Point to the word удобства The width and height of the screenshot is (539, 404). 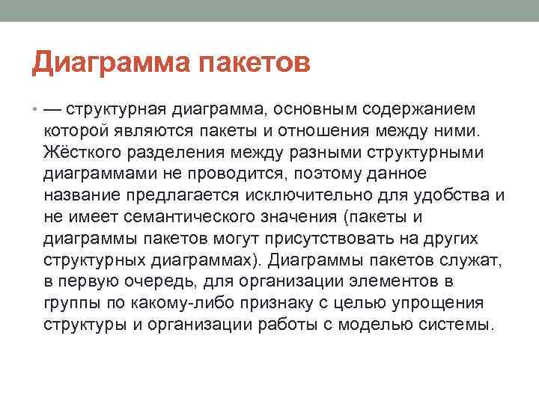(x=456, y=196)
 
